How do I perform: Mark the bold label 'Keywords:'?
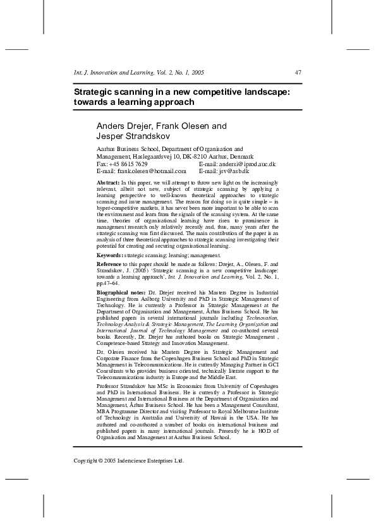coord(111,255)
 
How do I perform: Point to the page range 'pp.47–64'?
coord(108,284)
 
